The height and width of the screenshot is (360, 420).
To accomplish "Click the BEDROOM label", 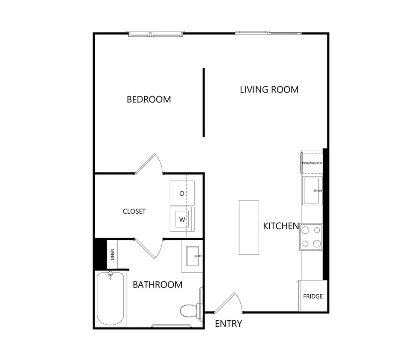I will (x=149, y=99).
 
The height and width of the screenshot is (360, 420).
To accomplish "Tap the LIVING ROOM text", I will (x=269, y=90).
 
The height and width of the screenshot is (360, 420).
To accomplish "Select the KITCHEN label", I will (x=280, y=226).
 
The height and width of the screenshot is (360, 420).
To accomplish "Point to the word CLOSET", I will (x=134, y=211).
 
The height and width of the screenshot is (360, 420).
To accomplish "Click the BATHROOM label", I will (x=157, y=285).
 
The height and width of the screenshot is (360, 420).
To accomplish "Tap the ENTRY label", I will (x=228, y=323).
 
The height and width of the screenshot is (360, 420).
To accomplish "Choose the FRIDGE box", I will (x=313, y=296).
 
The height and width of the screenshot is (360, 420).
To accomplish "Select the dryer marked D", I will (x=182, y=193).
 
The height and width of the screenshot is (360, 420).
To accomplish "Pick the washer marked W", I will (x=182, y=219).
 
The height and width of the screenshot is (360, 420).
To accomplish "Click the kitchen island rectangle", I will (x=249, y=227).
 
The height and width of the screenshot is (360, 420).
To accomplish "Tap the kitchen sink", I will (x=312, y=190).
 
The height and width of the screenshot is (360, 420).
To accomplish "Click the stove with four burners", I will (x=311, y=237).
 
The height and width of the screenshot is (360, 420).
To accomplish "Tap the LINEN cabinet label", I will (x=112, y=255).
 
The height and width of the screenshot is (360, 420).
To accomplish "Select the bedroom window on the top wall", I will (x=156, y=33).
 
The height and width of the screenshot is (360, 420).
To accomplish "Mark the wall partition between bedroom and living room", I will (x=204, y=102).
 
